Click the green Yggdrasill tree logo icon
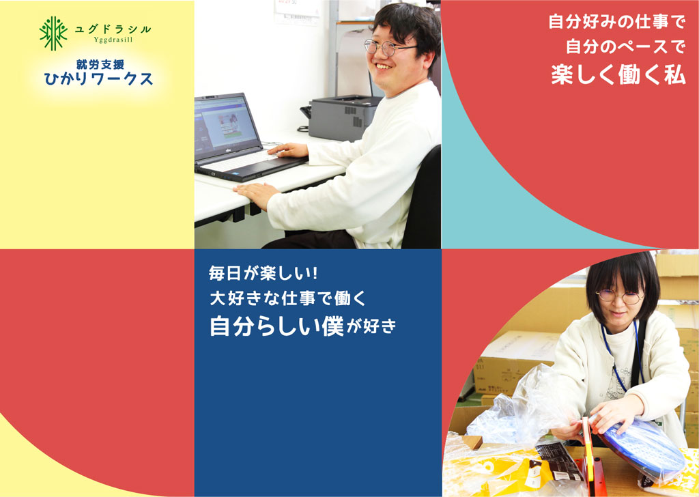click(53, 33)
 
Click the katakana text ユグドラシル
click(113, 29)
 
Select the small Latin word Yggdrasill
click(113, 40)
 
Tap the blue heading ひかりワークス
click(98, 79)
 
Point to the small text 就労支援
click(100, 65)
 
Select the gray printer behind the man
click(343, 117)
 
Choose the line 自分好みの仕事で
click(616, 21)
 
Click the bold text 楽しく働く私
click(618, 74)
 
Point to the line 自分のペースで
click(625, 46)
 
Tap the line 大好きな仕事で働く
click(287, 298)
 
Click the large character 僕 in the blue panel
click(332, 326)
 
